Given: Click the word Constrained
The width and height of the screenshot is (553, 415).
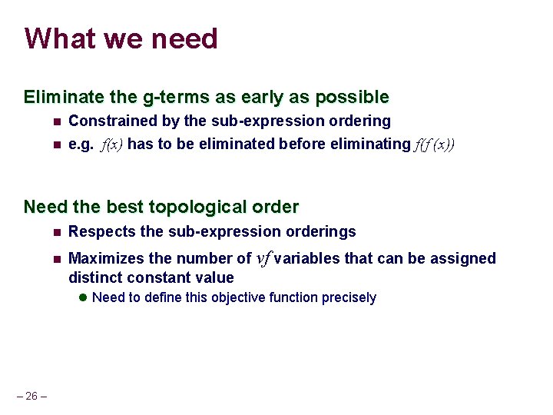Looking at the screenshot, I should point(111,121).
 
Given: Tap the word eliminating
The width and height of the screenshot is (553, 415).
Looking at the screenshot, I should point(372,144).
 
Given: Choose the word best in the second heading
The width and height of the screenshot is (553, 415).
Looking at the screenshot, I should point(126,207).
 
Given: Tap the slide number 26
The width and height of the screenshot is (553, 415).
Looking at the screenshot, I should point(31,396).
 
